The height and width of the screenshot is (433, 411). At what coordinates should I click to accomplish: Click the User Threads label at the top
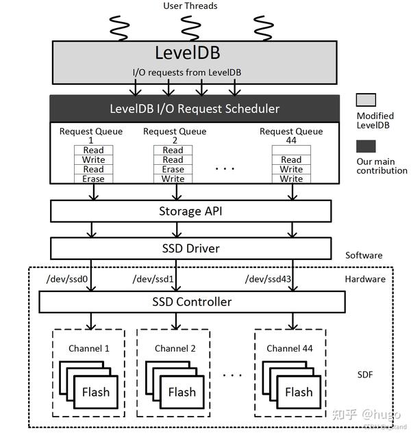click(x=190, y=6)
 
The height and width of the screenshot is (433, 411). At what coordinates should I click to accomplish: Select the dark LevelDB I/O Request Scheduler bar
click(x=195, y=108)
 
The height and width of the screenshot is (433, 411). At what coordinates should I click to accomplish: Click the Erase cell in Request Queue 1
click(x=94, y=179)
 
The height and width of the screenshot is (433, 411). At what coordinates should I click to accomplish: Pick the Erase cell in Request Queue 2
click(x=173, y=170)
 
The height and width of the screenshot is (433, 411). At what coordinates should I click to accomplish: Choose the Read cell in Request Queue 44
click(x=291, y=160)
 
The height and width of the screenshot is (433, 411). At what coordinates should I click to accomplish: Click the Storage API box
click(x=191, y=211)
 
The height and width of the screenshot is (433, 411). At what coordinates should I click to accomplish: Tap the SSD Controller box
click(x=192, y=302)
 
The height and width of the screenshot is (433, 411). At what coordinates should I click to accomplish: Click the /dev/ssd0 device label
click(x=66, y=280)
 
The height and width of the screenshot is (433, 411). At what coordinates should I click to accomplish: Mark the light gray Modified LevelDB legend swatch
click(x=366, y=100)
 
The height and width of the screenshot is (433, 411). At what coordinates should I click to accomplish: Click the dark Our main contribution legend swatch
click(x=366, y=146)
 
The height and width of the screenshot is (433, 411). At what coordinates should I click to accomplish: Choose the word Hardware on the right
click(x=364, y=279)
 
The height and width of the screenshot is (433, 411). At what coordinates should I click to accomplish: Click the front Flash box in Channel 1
click(x=96, y=393)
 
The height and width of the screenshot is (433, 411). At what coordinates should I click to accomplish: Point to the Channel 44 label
click(x=291, y=349)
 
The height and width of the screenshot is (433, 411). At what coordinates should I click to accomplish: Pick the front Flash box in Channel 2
click(x=182, y=393)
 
